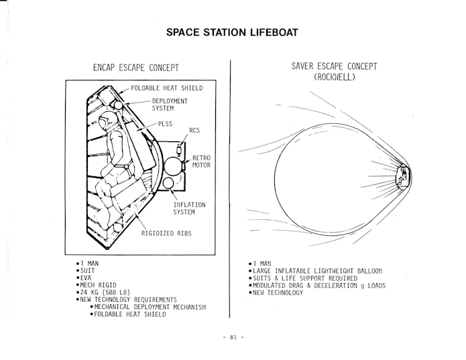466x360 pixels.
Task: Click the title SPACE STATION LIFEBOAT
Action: pos(232,32)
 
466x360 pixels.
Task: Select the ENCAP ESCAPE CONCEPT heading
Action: pos(136,68)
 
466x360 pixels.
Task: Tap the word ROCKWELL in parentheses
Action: pos(335,77)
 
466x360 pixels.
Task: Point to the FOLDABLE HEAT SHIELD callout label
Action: pos(167,88)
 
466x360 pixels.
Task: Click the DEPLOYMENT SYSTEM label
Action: pos(170,105)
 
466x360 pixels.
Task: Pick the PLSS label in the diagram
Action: pos(165,124)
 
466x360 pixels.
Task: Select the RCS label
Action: pos(194,131)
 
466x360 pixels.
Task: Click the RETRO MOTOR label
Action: pos(201,162)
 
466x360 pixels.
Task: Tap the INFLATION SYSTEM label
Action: pos(189,208)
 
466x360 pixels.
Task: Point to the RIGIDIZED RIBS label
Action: pos(166,233)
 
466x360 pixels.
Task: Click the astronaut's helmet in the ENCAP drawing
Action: pos(105,120)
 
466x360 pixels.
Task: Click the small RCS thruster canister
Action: pos(179,149)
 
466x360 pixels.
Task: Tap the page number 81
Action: pos(233,337)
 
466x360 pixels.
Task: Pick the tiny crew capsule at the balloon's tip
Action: pos(403,177)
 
